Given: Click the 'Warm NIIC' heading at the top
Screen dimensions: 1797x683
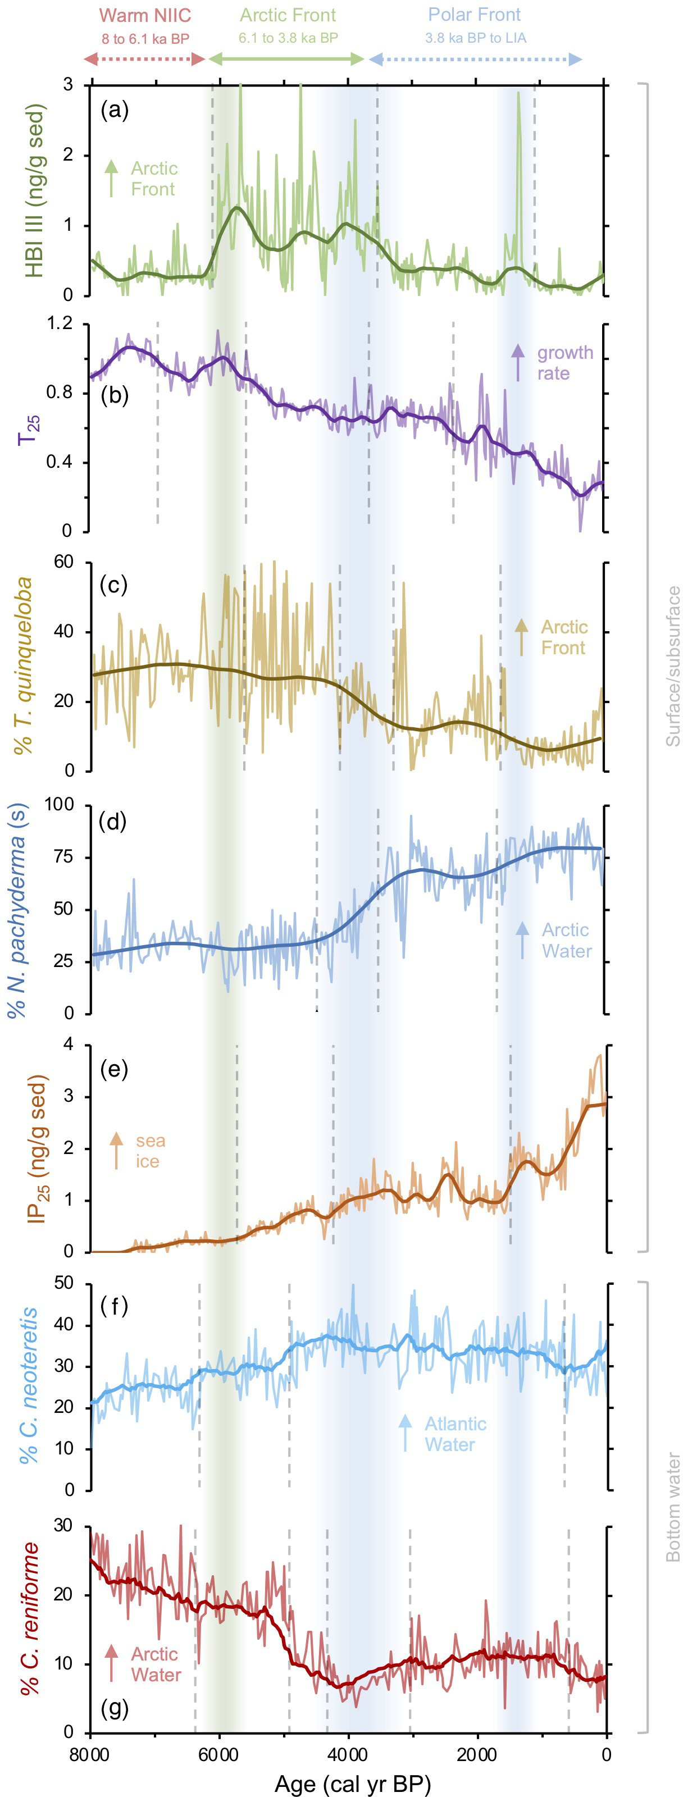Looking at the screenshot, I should tap(144, 15).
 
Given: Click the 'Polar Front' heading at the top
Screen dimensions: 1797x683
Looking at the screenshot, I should tap(475, 15).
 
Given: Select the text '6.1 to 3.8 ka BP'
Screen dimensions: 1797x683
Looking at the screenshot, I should tap(288, 38).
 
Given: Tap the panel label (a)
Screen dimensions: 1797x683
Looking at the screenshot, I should tap(115, 110).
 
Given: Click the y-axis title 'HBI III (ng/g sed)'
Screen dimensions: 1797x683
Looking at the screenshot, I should tap(34, 191).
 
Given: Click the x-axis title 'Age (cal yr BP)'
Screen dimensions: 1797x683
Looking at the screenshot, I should tap(352, 1783).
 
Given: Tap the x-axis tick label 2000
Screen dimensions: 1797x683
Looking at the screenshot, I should tap(477, 1754).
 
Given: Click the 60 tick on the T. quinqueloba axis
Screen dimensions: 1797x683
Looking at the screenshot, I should tap(63, 562).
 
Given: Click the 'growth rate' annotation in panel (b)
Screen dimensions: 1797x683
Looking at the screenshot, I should tap(564, 363).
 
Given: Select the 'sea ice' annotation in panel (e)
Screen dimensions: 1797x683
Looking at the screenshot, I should tap(150, 1151).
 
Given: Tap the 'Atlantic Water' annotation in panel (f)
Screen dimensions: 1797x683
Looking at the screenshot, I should tap(455, 1434).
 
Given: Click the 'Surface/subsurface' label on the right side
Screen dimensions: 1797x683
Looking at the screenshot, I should tap(672, 666).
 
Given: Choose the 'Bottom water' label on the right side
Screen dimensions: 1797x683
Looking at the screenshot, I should tap(672, 1507).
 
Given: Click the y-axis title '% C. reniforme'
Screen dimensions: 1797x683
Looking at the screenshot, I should tap(30, 1618).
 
